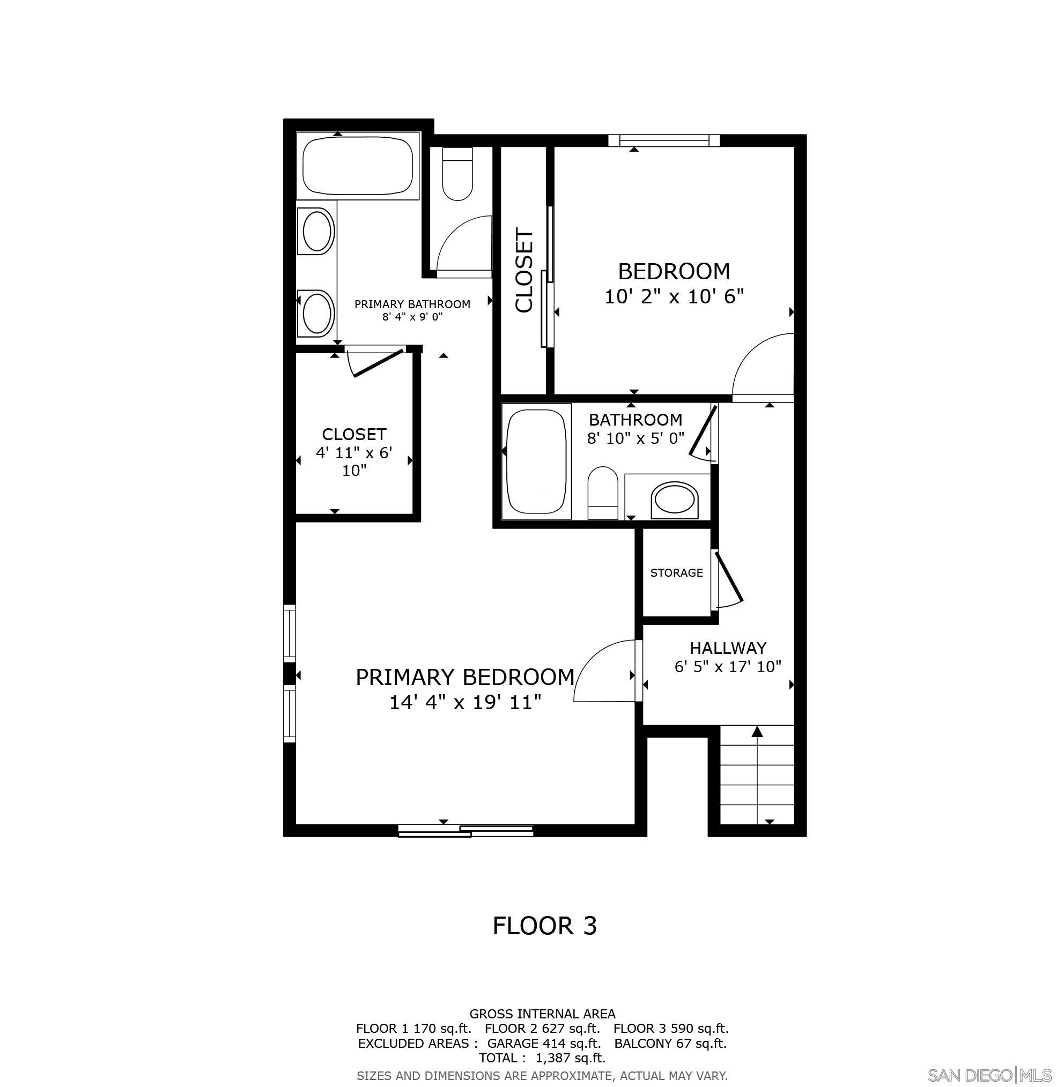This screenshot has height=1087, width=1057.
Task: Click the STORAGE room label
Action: (676, 572)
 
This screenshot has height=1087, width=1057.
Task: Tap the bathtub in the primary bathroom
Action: (358, 165)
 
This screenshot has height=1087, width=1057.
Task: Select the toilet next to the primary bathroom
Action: (457, 173)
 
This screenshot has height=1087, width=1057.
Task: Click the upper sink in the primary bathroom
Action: (316, 230)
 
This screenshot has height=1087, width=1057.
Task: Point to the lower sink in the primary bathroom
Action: (316, 313)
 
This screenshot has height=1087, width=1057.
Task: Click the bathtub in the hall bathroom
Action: (536, 461)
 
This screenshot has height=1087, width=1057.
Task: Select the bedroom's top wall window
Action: (664, 140)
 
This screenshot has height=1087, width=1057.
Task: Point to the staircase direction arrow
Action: (757, 732)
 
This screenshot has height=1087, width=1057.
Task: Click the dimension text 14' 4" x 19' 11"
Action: (464, 703)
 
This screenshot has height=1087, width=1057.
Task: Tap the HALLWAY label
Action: (728, 647)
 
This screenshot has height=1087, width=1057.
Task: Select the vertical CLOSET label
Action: (524, 270)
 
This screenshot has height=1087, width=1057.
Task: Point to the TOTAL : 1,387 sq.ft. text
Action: (542, 1058)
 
